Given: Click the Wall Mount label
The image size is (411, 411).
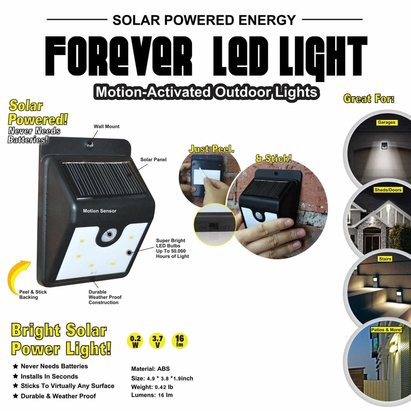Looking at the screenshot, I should [107, 127].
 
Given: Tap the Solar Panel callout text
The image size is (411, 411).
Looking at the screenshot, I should [153, 160].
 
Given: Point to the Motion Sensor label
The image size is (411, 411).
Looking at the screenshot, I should [100, 211].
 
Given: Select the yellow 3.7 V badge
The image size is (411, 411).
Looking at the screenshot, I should [158, 341].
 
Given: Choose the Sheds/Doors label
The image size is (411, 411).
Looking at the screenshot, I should [387, 190].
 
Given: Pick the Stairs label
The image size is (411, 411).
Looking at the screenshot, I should [385, 259].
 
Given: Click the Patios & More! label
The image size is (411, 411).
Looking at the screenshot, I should [386, 330].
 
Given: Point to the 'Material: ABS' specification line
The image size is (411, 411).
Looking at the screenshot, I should [151, 369].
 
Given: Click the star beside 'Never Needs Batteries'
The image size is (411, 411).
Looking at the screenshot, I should [16, 366].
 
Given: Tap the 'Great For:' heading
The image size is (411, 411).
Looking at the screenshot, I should [369, 99].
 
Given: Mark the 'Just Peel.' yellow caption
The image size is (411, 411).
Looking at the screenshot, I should [212, 149].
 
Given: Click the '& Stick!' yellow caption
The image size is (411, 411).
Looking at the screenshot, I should [273, 158].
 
